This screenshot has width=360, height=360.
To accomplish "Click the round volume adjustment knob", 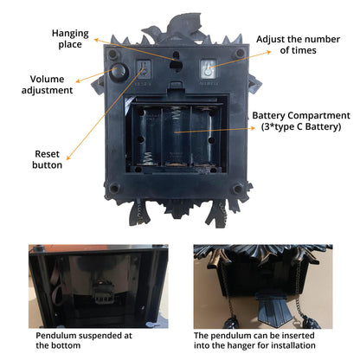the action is coord(118,71).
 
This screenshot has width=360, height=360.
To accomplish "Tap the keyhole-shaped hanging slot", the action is coord(176,61).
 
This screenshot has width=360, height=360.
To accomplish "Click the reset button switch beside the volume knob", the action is coord(144,69).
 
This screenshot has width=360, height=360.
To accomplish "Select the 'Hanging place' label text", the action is coord(70,39).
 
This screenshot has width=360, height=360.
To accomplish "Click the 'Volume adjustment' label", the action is coord(47,85).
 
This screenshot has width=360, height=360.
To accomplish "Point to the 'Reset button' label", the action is coord(47,159).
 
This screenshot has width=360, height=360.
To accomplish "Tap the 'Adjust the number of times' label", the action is coord(298,44).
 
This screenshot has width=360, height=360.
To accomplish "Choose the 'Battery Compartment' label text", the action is coord(301,115).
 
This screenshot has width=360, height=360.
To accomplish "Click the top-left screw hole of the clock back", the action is coord(112,54).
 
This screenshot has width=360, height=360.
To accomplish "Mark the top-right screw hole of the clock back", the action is coord(240,54).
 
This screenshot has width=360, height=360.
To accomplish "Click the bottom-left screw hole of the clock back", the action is coord(114,189).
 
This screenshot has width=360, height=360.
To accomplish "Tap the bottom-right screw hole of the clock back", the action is coord(238,190).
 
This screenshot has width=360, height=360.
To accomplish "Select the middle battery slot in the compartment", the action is coord(177,136).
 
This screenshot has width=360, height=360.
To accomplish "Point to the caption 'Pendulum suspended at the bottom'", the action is coord(84,340).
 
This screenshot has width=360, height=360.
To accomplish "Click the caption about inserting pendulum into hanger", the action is coord(254,340).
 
